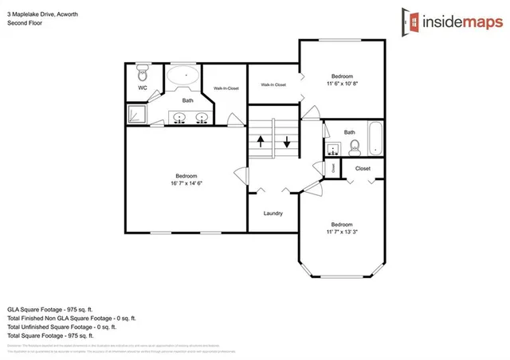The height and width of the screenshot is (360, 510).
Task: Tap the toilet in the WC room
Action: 143,74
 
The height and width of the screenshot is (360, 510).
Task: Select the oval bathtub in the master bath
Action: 184,79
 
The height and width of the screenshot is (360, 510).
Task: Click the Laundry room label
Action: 273,213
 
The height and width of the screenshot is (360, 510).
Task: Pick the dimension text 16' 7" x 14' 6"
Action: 186,184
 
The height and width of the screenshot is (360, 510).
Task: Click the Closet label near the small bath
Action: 363,169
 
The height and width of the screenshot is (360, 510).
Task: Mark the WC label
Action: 143,88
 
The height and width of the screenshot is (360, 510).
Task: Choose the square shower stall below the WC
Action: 137,115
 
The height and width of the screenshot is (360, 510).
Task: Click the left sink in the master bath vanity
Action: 180,119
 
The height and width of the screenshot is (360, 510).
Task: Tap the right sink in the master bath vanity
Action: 202,119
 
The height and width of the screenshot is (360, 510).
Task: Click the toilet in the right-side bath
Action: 355,146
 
